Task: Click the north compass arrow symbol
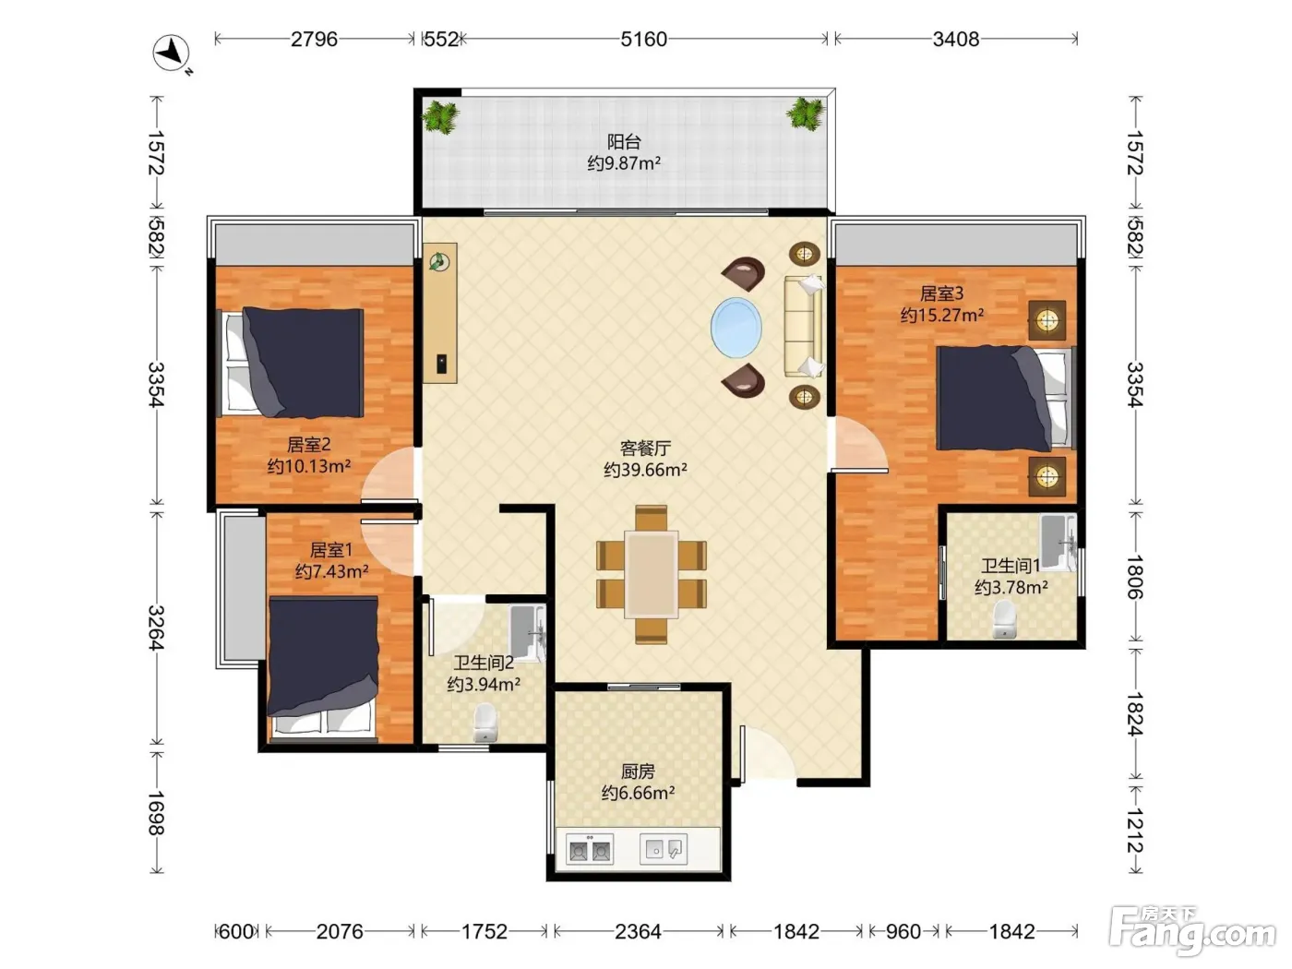pos(172,54)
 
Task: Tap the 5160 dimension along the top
pos(643,40)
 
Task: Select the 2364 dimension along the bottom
pos(638,932)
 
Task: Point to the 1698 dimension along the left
pos(155,813)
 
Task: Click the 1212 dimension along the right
pos(1135,831)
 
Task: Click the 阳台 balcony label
pos(624,141)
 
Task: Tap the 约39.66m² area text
pos(645,470)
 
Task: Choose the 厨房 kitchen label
pos(638,772)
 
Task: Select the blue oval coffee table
pos(736,327)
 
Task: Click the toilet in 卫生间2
pos(485,723)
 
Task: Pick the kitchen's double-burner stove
pos(589,849)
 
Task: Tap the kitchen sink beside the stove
pos(664,849)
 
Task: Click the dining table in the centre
pos(651,574)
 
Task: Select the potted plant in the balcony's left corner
pos(440,116)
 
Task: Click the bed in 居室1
pos(323,667)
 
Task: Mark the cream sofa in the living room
pos(804,326)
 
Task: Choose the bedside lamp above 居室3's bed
pos(1047,320)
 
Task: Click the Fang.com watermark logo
pos(1192,931)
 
